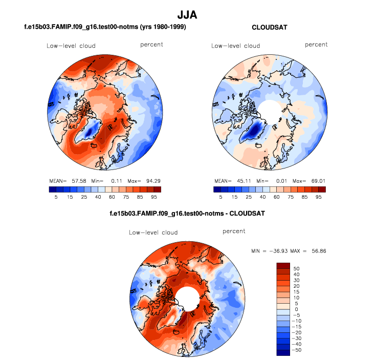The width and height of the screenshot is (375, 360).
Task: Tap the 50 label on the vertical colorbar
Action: (x=296, y=268)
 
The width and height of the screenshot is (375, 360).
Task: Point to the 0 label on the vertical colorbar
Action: (x=295, y=309)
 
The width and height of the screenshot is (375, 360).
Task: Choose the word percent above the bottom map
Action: (x=234, y=231)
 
